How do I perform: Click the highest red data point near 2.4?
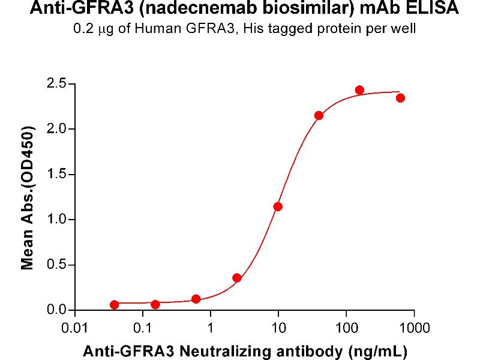tap(359, 90)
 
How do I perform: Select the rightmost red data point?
tap(400, 98)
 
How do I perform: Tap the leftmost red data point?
tap(115, 305)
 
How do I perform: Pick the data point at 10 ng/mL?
tap(278, 206)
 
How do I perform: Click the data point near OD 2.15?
tap(319, 115)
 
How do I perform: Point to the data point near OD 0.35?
tap(237, 278)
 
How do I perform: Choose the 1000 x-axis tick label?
tap(413, 328)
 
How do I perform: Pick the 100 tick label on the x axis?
tap(346, 328)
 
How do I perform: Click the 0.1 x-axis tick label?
tap(143, 328)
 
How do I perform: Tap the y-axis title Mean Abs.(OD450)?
tap(27, 197)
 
